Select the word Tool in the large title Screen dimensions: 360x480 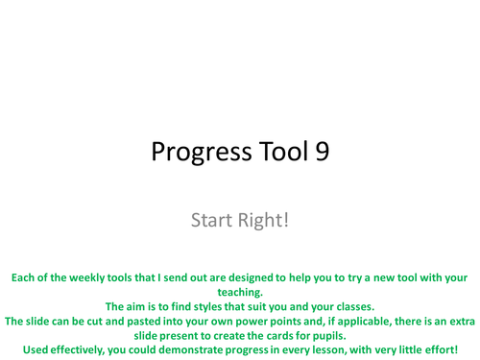click(280, 155)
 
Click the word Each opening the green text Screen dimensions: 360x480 click(25, 277)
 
